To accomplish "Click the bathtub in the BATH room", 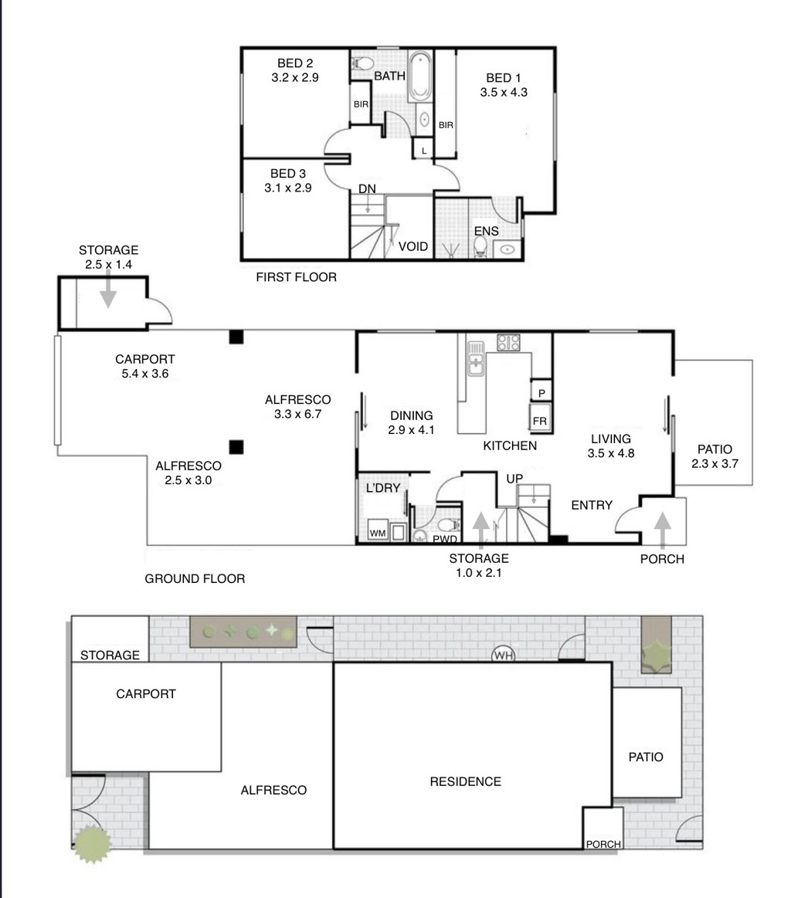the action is point(420,76).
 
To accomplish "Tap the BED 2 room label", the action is point(295,63).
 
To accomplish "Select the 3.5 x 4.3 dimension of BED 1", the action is point(504,92).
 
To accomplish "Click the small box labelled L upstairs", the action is point(423,150).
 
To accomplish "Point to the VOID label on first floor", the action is point(413,246).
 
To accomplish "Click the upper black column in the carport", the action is point(236,337).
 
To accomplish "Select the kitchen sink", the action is point(476,358).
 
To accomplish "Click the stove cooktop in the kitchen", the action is point(508,343).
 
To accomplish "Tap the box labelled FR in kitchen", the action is point(539,416).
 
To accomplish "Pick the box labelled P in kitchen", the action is point(541,391).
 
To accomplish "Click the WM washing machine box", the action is point(378,531).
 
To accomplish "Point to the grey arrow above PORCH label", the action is point(663,530).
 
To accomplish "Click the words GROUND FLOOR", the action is point(195,578).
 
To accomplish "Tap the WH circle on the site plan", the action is point(504,655).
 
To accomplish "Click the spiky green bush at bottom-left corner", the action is point(93,844).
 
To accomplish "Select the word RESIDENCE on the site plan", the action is point(465,781).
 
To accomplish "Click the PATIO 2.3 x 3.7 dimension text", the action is point(715,464).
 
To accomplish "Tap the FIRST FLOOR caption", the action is point(296,277).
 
